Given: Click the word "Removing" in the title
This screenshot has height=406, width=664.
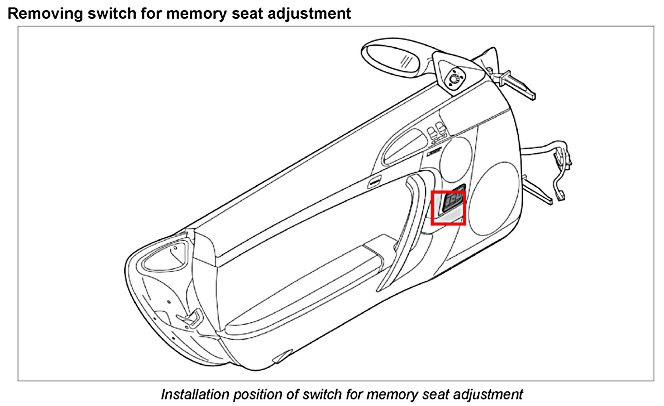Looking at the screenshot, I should coord(45,14).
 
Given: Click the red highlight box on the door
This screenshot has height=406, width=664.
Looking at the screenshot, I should coord(448,208).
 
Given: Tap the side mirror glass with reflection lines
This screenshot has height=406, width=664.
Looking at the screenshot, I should coord(394,58).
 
